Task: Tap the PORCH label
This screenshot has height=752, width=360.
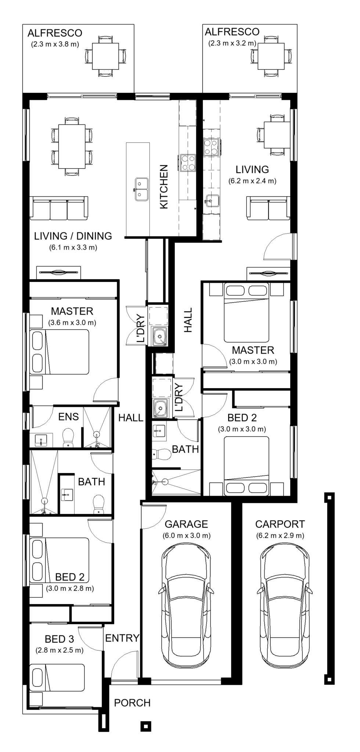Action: click(x=132, y=703)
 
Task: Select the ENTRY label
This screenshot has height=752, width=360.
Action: click(x=122, y=638)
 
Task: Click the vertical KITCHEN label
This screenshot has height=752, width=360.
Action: click(x=164, y=187)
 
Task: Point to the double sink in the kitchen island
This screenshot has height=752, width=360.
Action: click(x=142, y=189)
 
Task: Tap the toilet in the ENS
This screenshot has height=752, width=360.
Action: click(x=68, y=438)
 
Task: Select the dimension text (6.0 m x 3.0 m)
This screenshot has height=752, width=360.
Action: click(x=187, y=535)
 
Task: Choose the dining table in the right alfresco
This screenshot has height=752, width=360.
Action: click(x=271, y=56)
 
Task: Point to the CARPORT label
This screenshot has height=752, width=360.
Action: click(x=280, y=524)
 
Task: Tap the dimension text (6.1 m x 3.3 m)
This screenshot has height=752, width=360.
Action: click(x=73, y=247)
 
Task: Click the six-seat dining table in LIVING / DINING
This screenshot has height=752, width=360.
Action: click(x=72, y=146)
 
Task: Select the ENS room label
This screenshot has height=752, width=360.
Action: click(x=69, y=417)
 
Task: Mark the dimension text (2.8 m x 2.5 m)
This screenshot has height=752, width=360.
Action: click(x=60, y=650)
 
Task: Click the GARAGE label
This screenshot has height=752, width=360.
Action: click(x=186, y=524)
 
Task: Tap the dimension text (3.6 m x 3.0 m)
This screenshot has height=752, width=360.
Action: click(x=72, y=323)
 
